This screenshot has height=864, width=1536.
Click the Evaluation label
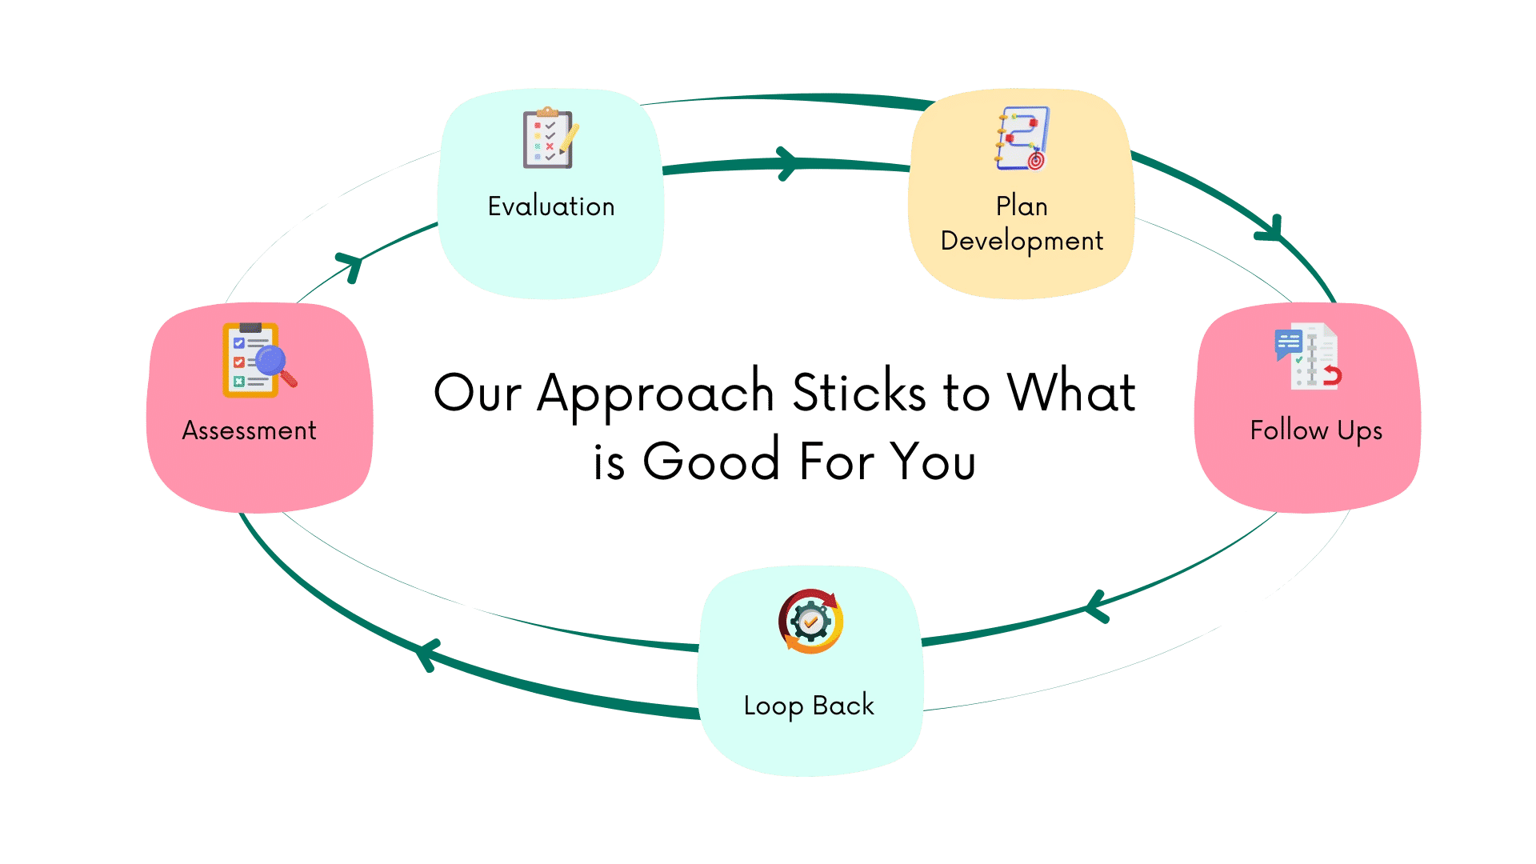[x=551, y=206]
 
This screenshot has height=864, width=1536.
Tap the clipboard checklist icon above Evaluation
[x=550, y=138]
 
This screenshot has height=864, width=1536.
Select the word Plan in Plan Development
[x=1022, y=206]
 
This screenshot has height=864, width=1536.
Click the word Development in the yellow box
[x=1022, y=241]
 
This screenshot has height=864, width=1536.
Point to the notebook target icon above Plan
[x=1022, y=138]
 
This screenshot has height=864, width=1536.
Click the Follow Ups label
[x=1316, y=430]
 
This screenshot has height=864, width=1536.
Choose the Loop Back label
[x=809, y=706]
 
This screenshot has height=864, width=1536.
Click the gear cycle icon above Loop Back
[x=810, y=622]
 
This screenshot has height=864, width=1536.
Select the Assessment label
[x=249, y=430]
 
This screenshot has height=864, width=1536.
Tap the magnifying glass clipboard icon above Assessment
[x=258, y=360]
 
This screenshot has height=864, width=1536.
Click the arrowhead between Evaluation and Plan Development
[x=788, y=164]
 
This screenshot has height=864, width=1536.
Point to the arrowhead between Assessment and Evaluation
[x=350, y=266]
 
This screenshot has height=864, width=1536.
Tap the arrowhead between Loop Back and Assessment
[x=428, y=654]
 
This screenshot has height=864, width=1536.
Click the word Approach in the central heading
[x=655, y=394]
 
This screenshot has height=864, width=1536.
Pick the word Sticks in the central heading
[x=858, y=394]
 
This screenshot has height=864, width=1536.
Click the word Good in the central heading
[x=711, y=462]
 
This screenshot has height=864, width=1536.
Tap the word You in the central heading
[x=933, y=462]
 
